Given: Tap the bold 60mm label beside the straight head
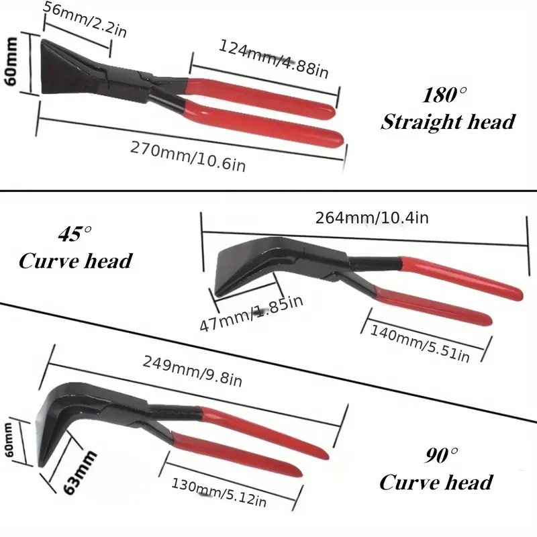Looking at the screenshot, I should click(11, 64).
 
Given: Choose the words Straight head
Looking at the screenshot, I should click(448, 122).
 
